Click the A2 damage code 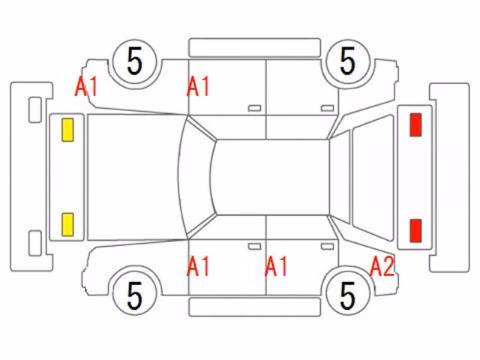click(382, 266)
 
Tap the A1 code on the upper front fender click(86, 86)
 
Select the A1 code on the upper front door click(198, 86)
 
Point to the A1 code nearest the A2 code click(276, 266)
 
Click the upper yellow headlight click(67, 130)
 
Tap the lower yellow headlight click(67, 225)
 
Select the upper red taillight click(415, 124)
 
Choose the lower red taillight click(415, 230)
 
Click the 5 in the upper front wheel click(135, 61)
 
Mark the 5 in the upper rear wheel click(347, 61)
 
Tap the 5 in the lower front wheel click(135, 295)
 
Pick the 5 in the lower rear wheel click(347, 295)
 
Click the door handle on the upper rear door click(327, 108)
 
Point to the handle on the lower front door click(254, 247)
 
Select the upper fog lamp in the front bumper click(35, 109)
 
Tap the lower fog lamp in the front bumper click(35, 243)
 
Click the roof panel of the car click(271, 177)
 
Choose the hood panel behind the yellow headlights click(135, 177)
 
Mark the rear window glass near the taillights click(373, 177)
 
